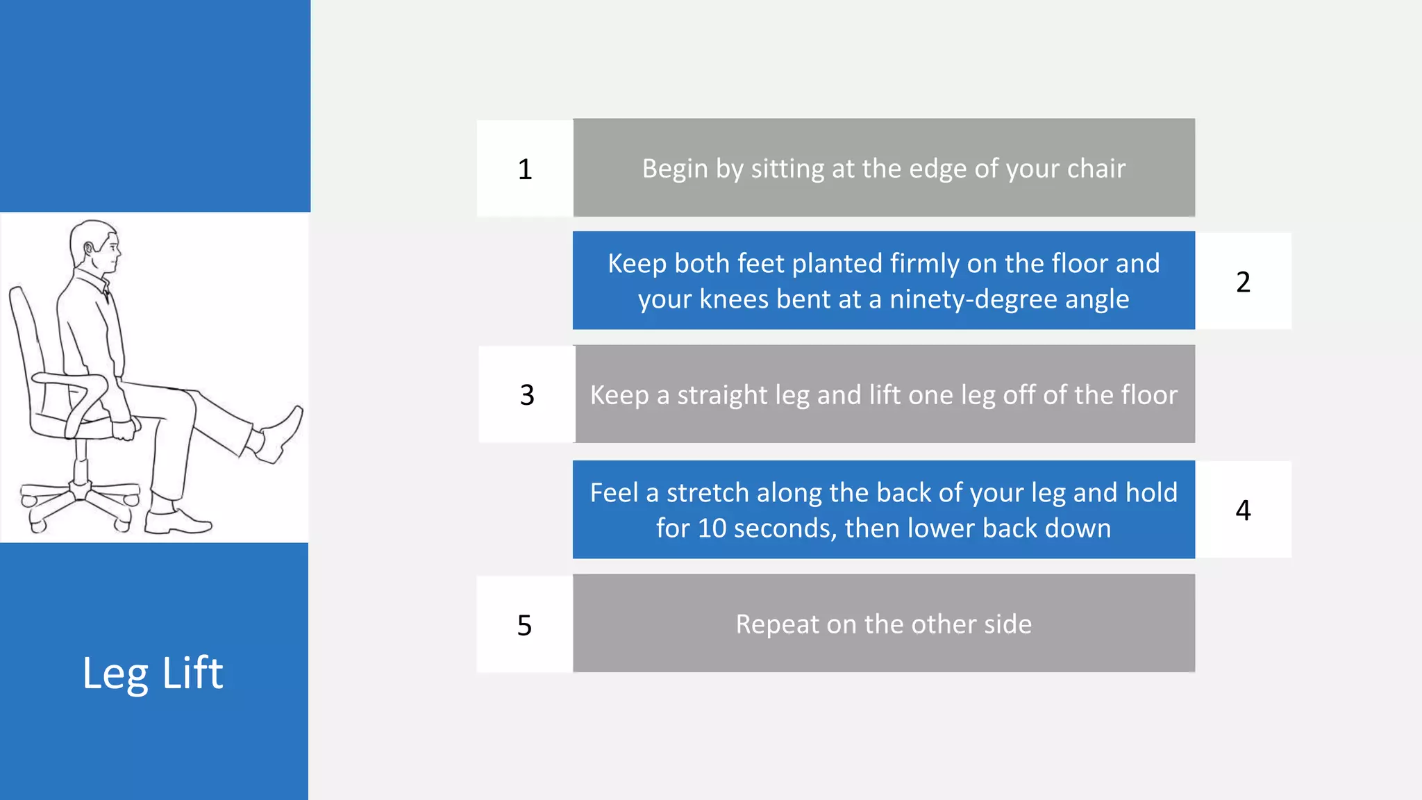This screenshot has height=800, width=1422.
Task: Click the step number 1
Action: [525, 169]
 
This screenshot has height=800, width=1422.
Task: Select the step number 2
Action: [1243, 282]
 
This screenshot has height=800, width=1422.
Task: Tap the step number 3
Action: [527, 395]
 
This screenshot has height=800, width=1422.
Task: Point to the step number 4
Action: [1243, 510]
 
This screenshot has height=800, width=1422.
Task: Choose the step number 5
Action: [524, 626]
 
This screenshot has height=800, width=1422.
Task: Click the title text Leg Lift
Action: [153, 673]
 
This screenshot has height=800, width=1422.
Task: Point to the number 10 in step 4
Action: [712, 528]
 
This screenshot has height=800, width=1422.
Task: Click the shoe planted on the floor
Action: [176, 522]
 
